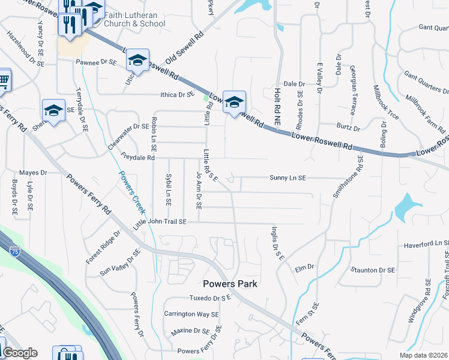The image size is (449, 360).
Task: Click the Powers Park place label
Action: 230,284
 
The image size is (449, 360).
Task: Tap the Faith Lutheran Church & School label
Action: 134,19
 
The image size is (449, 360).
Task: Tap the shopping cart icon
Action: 3,79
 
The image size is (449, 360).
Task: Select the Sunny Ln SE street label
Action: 288,178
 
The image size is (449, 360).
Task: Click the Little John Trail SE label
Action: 160,222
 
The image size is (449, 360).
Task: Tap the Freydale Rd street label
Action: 137,158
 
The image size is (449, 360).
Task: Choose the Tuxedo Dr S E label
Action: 210,298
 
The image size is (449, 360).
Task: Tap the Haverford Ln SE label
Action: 426,244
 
